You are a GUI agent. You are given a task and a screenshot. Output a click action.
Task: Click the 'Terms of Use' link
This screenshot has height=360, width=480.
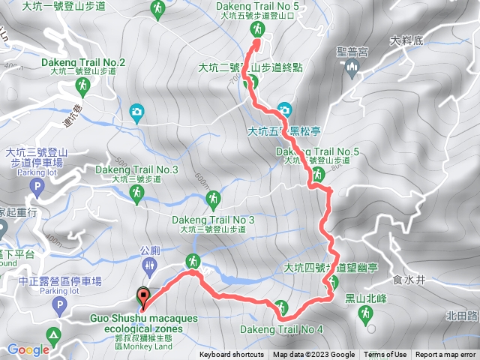385,355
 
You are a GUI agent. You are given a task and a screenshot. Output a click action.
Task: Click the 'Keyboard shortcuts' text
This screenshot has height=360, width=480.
231,355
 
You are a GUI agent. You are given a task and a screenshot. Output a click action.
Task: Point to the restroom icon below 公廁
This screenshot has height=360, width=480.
148,267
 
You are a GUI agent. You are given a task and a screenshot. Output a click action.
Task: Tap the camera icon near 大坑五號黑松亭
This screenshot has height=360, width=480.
284,109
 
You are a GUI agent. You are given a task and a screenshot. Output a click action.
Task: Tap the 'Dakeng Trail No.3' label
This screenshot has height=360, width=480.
136,169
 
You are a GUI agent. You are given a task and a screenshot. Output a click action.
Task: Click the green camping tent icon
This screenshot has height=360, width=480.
53,334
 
